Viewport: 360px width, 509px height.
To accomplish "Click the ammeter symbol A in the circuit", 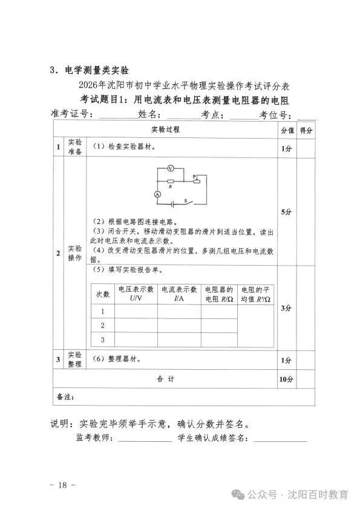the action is point(157,194).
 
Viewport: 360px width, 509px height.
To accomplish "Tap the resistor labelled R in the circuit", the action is point(171,181).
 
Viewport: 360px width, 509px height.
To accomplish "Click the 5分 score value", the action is point(287,212).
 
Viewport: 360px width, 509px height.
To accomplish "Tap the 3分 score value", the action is point(287,308).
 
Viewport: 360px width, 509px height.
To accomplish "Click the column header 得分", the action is point(306,130).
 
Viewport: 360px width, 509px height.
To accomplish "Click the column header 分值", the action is point(287,130).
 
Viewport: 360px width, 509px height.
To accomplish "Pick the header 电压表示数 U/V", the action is point(136,294).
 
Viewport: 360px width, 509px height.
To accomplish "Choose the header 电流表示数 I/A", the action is point(179,294).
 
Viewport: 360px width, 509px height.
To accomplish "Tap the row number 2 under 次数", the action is point(103,326).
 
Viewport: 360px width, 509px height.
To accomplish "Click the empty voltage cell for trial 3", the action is point(136,340).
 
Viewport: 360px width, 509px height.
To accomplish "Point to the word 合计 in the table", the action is point(165,379).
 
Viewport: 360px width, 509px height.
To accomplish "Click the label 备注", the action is point(65,397).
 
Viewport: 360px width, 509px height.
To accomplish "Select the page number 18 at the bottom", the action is point(62,485).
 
